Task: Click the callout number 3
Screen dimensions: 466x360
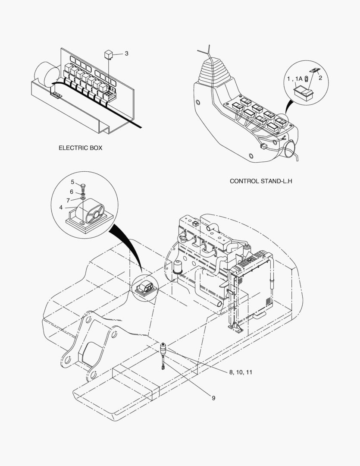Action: point(126,54)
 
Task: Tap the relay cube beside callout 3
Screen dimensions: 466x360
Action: point(109,54)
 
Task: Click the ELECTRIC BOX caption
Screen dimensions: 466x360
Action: point(81,148)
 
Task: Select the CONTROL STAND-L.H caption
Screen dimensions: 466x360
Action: point(261,181)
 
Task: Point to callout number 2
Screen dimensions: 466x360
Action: point(320,78)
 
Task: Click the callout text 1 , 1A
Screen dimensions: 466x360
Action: point(296,79)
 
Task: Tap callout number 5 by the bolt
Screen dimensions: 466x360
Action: point(72,182)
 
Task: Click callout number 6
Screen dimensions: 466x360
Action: point(72,192)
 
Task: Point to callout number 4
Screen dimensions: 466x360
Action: point(61,208)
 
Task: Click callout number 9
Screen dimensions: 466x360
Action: point(213,398)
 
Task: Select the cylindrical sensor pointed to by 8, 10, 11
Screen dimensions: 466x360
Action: point(164,348)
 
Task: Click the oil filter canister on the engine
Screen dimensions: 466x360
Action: point(177,267)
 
